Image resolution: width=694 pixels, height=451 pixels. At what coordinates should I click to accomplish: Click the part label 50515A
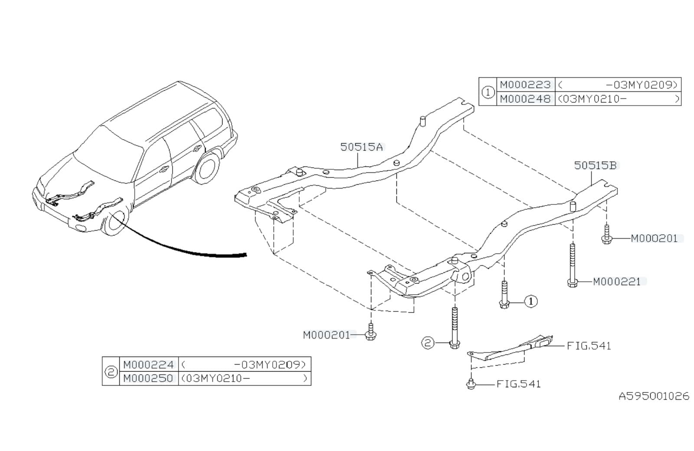click(361, 147)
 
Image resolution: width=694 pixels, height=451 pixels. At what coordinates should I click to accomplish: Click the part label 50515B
click(595, 165)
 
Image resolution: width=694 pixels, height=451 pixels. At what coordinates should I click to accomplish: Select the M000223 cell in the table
click(525, 85)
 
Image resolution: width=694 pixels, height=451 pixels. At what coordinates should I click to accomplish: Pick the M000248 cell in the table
click(525, 99)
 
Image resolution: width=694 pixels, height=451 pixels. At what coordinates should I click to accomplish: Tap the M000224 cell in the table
click(148, 364)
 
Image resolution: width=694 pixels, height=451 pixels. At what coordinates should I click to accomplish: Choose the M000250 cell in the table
click(148, 379)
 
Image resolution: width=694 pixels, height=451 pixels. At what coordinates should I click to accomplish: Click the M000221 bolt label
click(616, 282)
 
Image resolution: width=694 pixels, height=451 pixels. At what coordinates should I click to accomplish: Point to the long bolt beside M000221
click(573, 265)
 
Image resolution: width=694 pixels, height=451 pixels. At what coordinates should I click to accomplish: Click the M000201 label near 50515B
click(654, 239)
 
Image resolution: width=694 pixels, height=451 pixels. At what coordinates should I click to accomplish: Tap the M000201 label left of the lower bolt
click(326, 335)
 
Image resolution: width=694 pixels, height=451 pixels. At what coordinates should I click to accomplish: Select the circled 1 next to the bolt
click(531, 301)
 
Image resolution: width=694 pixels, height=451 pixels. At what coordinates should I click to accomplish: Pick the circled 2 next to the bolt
click(428, 343)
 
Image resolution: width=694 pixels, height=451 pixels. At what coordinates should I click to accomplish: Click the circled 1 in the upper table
click(488, 92)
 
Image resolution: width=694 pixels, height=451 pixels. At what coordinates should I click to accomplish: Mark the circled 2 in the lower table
click(111, 372)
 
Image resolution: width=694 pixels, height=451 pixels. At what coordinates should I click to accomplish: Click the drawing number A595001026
click(653, 396)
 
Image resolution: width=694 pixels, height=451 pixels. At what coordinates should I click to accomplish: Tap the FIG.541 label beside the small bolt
click(518, 384)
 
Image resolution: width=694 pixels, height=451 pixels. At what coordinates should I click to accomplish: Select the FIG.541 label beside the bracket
click(589, 346)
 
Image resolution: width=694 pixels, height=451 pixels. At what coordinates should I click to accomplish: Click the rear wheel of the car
click(207, 168)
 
